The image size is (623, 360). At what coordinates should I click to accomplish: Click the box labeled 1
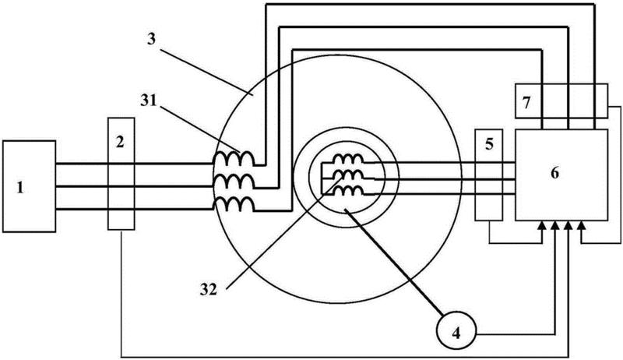pyautogui.click(x=30, y=186)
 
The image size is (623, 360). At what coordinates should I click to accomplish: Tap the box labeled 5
pyautogui.click(x=489, y=179)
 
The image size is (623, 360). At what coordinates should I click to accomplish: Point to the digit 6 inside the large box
pyautogui.click(x=554, y=173)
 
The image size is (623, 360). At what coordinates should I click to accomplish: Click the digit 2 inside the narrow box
pyautogui.click(x=120, y=143)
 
